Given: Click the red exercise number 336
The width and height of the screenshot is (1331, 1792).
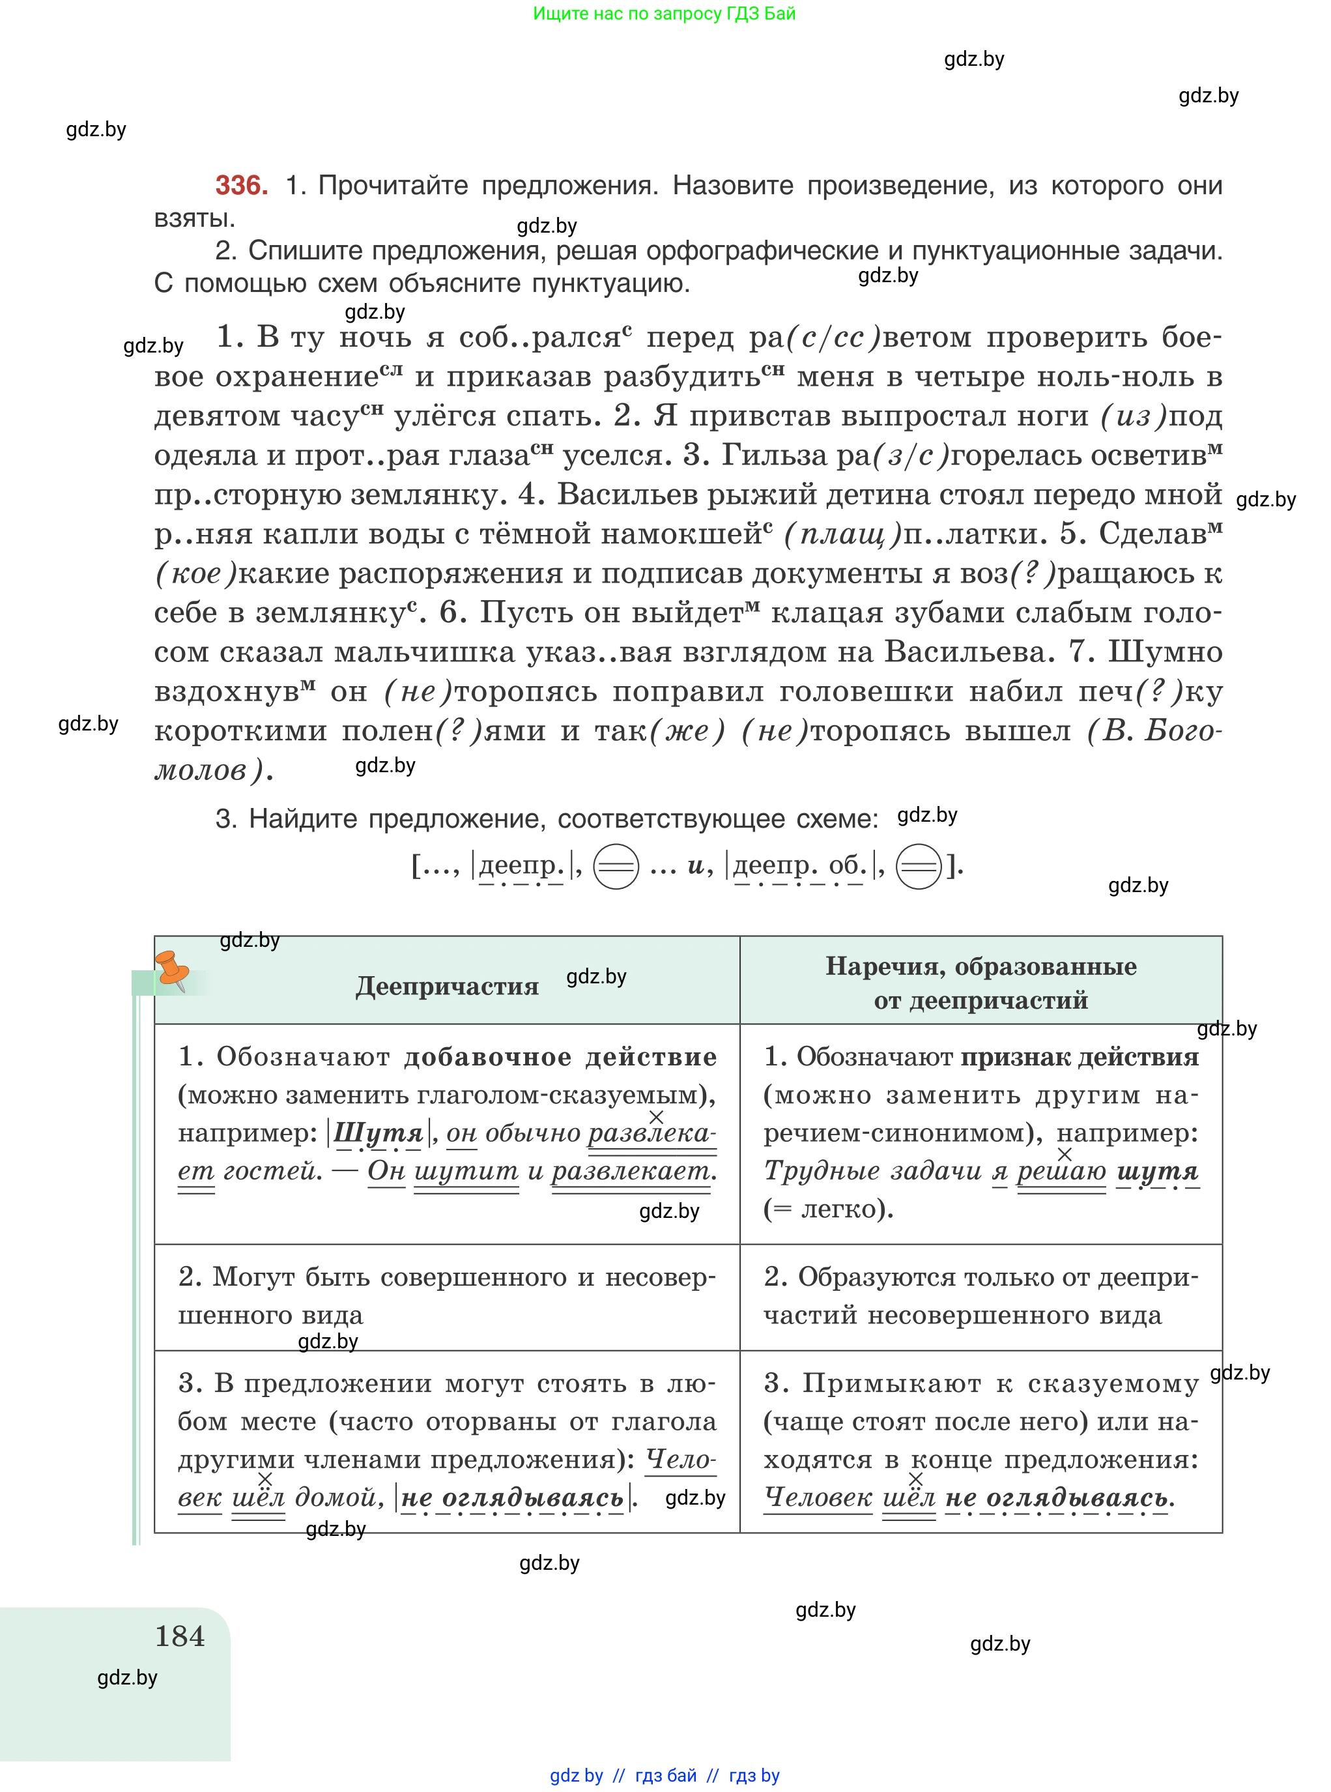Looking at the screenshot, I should pyautogui.click(x=241, y=185).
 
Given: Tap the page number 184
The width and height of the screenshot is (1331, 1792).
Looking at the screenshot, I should pyautogui.click(x=180, y=1636).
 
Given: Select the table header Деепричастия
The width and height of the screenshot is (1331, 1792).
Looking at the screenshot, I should pyautogui.click(x=447, y=985).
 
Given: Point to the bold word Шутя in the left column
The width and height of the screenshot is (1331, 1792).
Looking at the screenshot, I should pyautogui.click(x=379, y=1133).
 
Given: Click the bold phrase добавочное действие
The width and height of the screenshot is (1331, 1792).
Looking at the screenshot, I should pyautogui.click(x=560, y=1056).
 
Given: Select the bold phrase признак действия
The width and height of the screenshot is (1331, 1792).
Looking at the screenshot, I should pyautogui.click(x=1080, y=1056).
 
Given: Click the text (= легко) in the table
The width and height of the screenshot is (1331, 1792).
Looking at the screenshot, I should pyautogui.click(x=828, y=1209).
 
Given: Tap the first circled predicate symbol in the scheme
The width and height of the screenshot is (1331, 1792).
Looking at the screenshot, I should pyautogui.click(x=616, y=866).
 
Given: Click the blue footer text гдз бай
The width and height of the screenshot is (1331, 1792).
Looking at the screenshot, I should pyautogui.click(x=666, y=1775).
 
